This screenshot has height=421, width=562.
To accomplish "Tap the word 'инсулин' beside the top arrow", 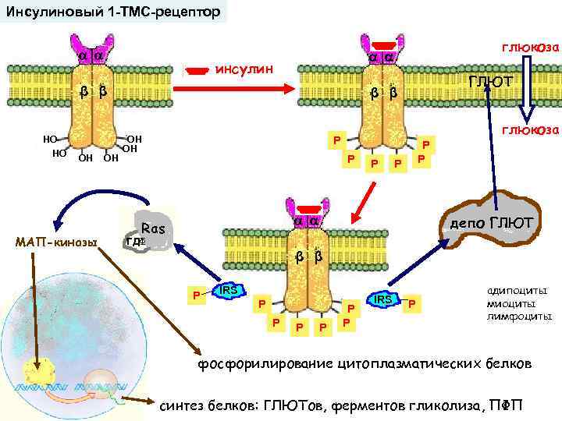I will coord(244,69).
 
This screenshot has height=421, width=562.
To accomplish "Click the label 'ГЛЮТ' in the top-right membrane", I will coord(490,82).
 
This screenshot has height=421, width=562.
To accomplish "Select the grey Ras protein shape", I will coord(151,231).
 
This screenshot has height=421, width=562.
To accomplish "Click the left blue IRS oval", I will coord(228,292).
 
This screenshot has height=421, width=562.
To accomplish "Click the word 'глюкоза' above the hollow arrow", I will coord(530,48).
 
